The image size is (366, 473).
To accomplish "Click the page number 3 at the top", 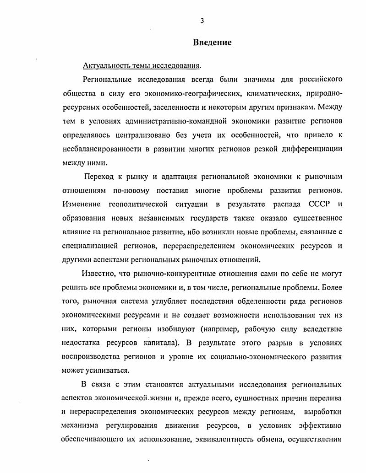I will (202, 21).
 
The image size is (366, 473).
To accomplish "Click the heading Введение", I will (212, 43).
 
